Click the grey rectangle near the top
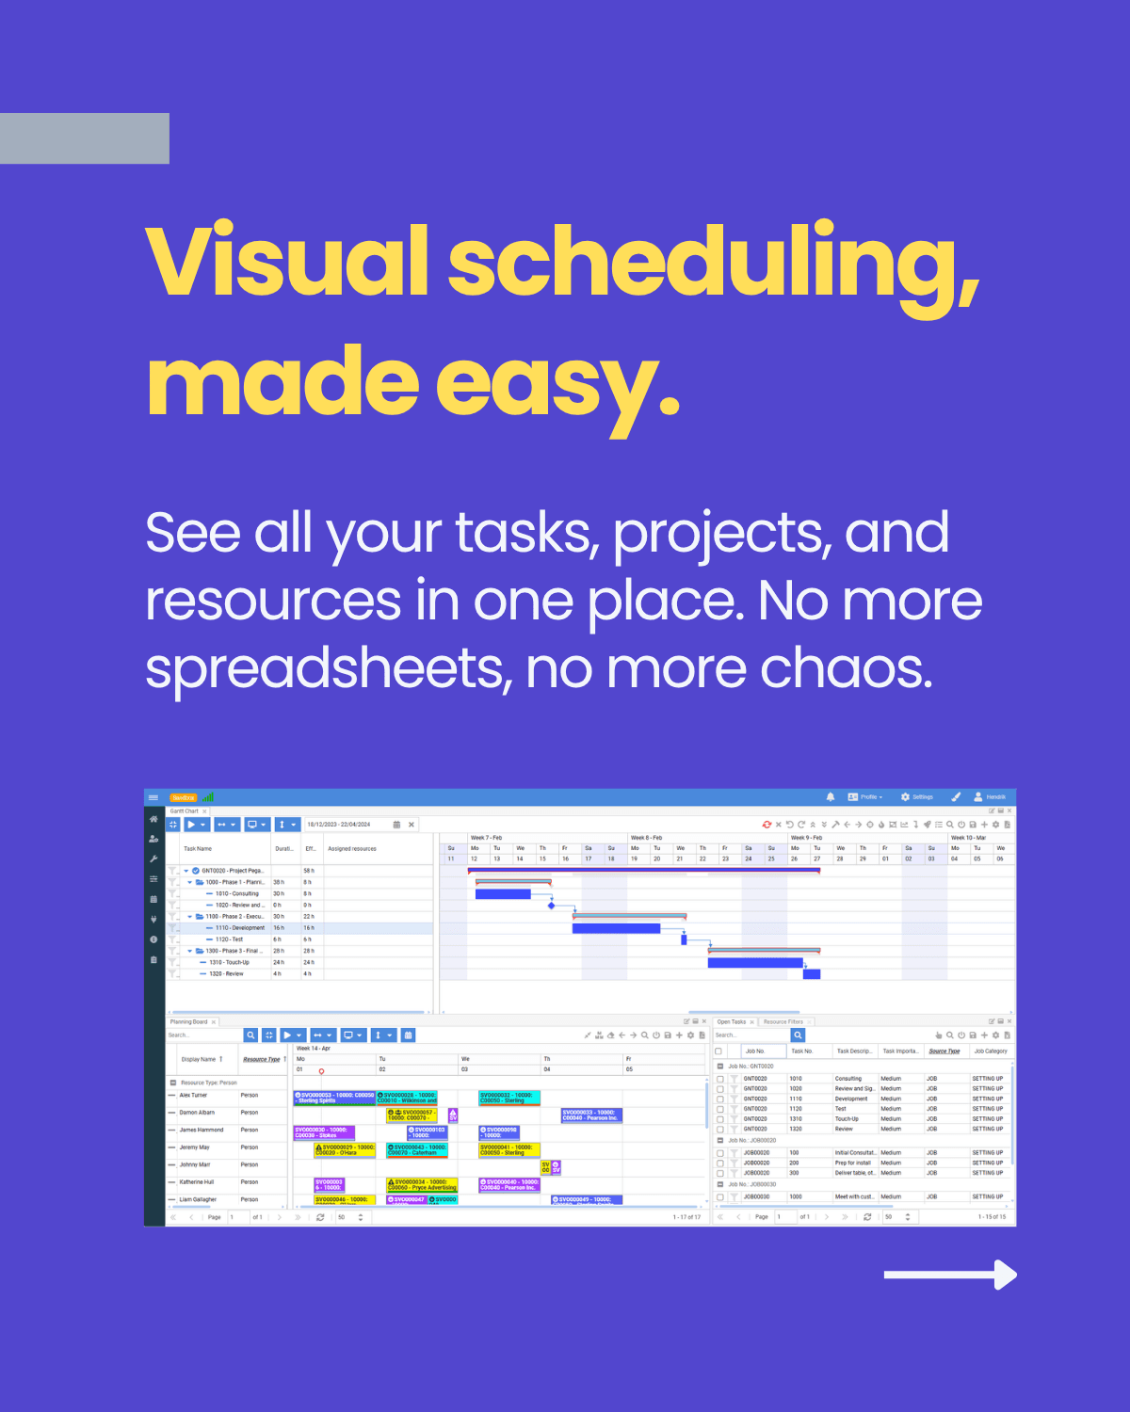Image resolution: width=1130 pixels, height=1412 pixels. pos(85,138)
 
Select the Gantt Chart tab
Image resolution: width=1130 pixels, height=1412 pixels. pos(185,810)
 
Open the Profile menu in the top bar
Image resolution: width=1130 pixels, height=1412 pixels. pos(866,797)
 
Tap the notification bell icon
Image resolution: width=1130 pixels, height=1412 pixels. pos(831,797)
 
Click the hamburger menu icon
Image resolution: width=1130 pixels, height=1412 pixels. pos(153,797)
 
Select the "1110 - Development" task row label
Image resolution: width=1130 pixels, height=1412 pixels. pos(239,928)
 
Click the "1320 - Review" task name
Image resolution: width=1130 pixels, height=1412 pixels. pos(226,973)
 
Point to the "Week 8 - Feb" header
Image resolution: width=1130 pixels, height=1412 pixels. pos(646,837)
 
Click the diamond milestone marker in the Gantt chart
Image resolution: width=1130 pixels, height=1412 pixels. pos(552,906)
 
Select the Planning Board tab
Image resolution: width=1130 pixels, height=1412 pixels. pos(188,1021)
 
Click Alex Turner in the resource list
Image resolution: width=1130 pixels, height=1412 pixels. pos(193,1095)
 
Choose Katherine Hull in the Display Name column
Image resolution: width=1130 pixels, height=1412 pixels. pos(197,1181)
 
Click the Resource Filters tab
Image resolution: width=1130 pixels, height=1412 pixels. pos(783,1021)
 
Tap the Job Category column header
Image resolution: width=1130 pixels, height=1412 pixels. pos(990,1051)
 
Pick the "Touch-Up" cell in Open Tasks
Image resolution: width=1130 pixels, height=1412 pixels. pos(847,1119)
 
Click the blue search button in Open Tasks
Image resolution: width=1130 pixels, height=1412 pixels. pos(798,1035)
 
